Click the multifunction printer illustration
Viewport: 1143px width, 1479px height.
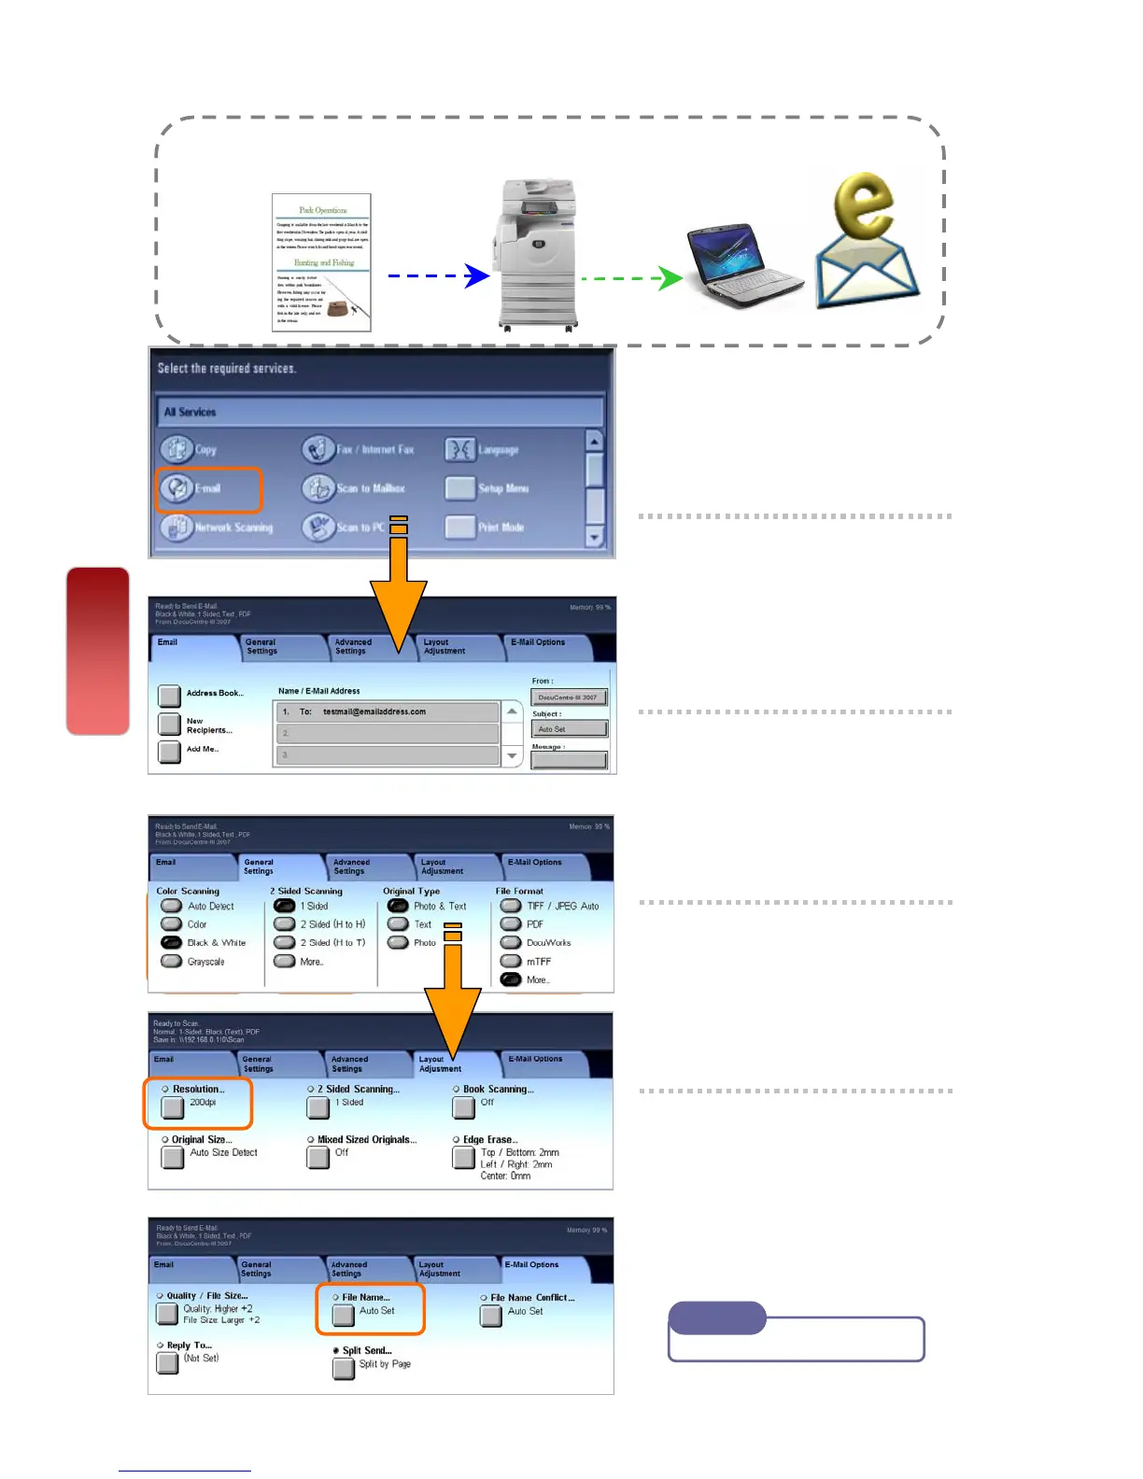coord(538,254)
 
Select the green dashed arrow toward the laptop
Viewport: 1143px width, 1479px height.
coord(631,278)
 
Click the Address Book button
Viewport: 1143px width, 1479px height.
coord(169,695)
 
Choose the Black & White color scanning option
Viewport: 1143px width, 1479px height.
coord(171,943)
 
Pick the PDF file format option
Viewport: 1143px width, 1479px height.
coord(511,924)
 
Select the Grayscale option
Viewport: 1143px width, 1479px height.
coord(171,962)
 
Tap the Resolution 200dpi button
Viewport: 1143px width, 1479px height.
coord(173,1107)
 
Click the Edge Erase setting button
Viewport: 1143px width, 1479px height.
coord(463,1158)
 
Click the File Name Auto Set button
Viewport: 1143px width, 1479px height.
coord(344,1315)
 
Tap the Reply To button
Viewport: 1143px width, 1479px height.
coord(167,1363)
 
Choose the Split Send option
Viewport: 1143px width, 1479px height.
coord(344,1369)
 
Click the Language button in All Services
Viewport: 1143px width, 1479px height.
coord(460,449)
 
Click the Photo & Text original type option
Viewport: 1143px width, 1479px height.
coord(398,907)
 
